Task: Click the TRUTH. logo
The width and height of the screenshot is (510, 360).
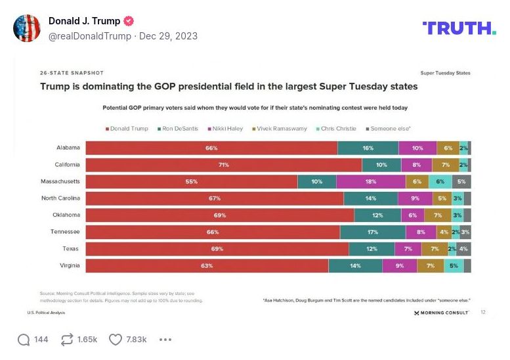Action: coord(459,28)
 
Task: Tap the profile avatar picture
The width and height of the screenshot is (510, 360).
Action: coord(27,28)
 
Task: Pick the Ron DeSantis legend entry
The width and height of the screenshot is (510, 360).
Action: coord(179,129)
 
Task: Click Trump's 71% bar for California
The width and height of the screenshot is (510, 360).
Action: coord(223,165)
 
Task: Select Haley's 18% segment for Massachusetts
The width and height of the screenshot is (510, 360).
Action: coord(371,181)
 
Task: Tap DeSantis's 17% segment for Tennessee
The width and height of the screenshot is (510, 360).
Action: coord(373,232)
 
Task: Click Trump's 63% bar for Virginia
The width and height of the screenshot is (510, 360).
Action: coord(207,265)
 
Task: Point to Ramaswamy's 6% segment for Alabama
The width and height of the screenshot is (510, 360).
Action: coord(448,148)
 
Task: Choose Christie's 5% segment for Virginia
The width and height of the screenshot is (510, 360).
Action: coord(454,265)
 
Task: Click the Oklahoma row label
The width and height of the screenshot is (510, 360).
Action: coord(66,215)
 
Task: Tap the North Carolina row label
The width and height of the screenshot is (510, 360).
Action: coord(60,198)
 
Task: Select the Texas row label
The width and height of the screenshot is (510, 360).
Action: coord(72,249)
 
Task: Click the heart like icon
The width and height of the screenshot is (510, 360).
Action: coord(116,340)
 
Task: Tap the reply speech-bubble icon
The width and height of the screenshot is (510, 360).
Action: coord(24,340)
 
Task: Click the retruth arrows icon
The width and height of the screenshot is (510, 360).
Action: coord(66,340)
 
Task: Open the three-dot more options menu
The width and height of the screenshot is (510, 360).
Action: coord(165,340)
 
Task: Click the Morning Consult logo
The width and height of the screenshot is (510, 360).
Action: coord(442,313)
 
